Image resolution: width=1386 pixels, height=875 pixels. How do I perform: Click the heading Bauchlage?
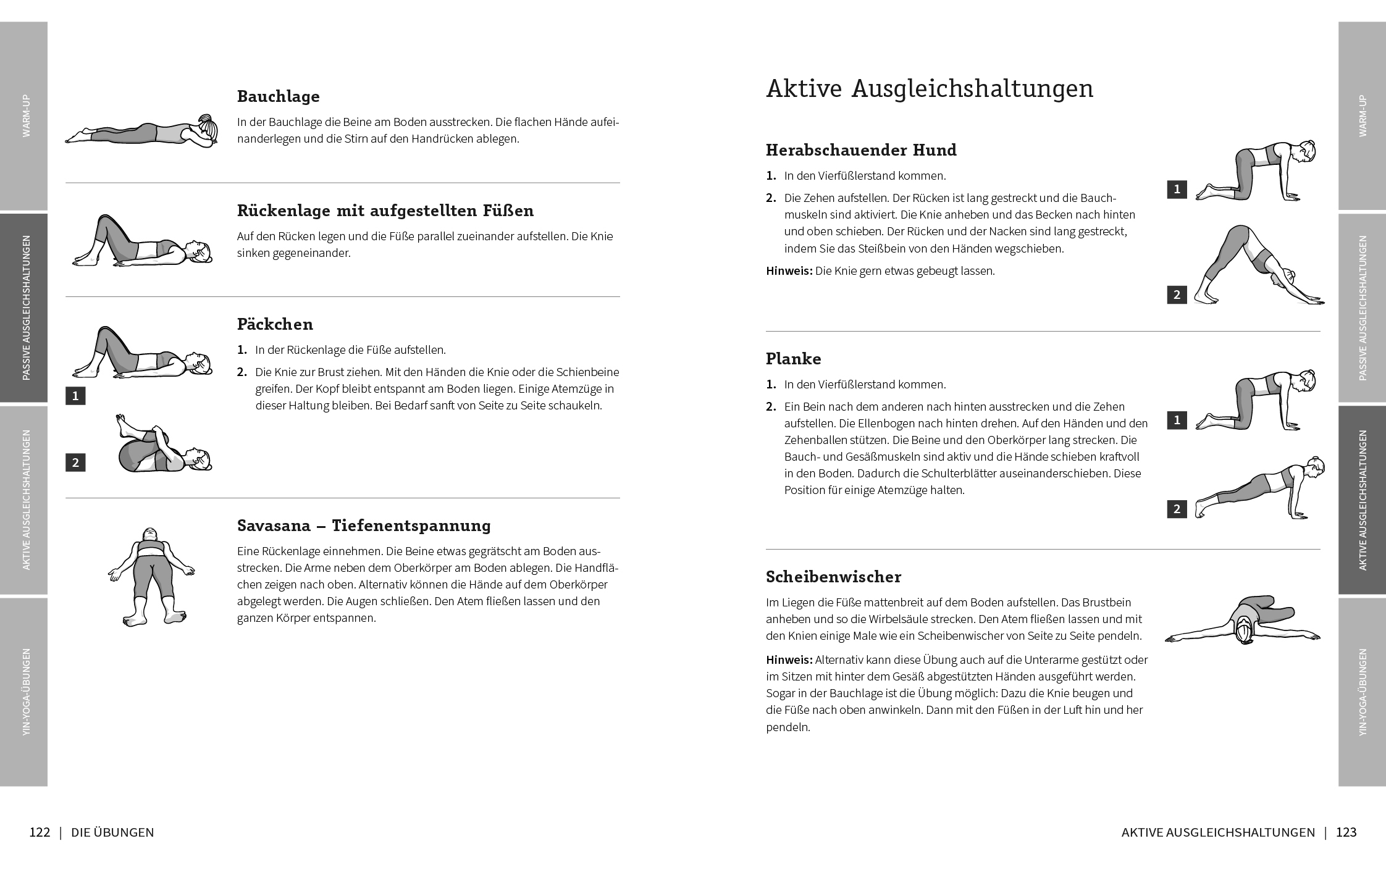click(x=278, y=96)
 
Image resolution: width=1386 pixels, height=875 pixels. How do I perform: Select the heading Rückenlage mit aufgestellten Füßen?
click(x=385, y=211)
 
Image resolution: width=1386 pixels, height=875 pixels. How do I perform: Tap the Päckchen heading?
click(x=275, y=324)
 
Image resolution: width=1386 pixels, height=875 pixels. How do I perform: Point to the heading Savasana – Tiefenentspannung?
click(x=364, y=525)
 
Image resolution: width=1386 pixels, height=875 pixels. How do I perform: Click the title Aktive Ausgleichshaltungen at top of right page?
click(x=929, y=88)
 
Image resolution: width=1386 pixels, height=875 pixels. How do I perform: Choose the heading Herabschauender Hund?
click(x=861, y=150)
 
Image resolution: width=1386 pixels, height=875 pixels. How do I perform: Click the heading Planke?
click(x=793, y=359)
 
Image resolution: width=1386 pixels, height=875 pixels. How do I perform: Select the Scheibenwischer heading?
click(x=833, y=577)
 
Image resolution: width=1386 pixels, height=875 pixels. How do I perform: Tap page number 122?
click(x=40, y=832)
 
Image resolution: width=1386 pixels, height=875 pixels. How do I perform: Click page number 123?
click(x=1346, y=832)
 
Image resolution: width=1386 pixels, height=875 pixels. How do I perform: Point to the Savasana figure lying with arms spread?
click(x=150, y=576)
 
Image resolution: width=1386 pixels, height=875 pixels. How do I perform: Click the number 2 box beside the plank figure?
click(x=1177, y=509)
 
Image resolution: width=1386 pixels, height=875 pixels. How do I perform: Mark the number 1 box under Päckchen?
click(x=75, y=396)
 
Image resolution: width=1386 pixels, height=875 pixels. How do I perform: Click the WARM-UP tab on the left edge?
click(x=24, y=115)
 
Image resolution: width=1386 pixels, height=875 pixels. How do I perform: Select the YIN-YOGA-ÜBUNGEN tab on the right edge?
click(x=1362, y=692)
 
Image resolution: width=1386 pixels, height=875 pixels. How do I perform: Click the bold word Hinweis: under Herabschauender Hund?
click(x=789, y=271)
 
